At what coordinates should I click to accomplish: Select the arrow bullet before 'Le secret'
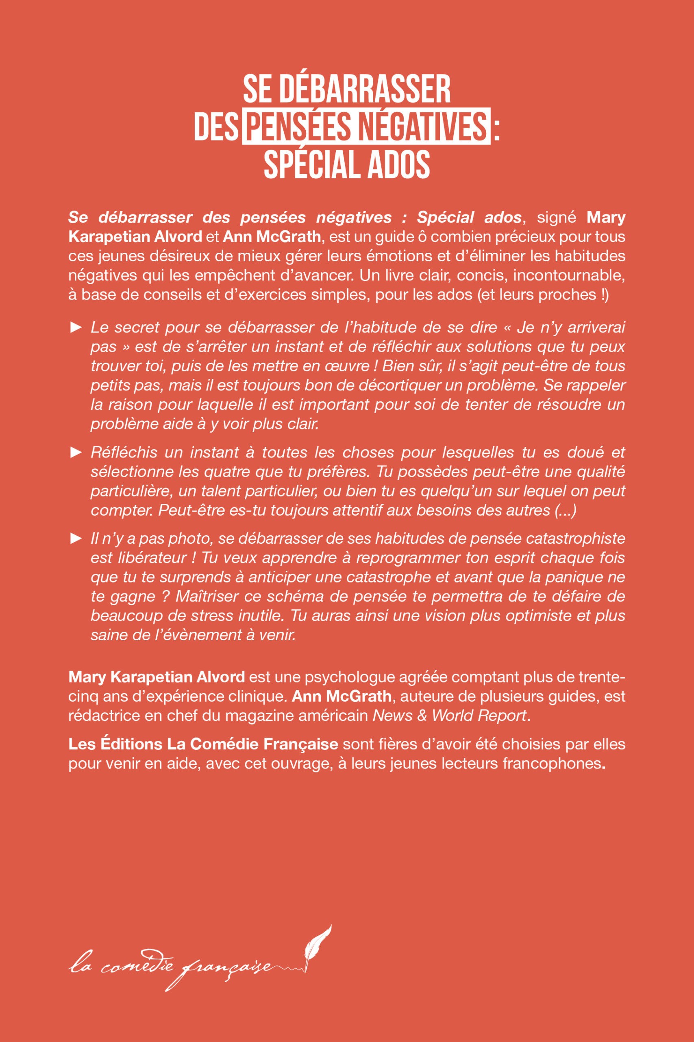click(x=76, y=328)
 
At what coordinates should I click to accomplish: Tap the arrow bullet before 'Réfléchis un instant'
click(x=76, y=452)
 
